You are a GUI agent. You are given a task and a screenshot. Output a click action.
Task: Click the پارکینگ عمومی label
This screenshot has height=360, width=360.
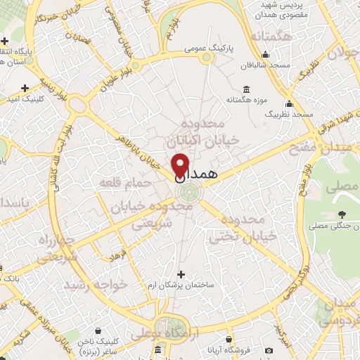[x=209, y=50]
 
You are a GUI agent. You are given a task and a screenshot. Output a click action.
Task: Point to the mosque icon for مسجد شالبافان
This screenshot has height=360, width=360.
[x=265, y=56]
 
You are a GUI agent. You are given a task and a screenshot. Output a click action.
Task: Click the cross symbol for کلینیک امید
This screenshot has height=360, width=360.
[x=25, y=89]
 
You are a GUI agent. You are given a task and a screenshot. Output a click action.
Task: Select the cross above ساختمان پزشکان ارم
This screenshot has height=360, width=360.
[x=181, y=274]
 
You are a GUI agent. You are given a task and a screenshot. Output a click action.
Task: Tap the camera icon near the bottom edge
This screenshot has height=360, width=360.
[x=269, y=350]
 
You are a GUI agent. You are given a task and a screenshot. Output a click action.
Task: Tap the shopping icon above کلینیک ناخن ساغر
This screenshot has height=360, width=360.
[x=156, y=349]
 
